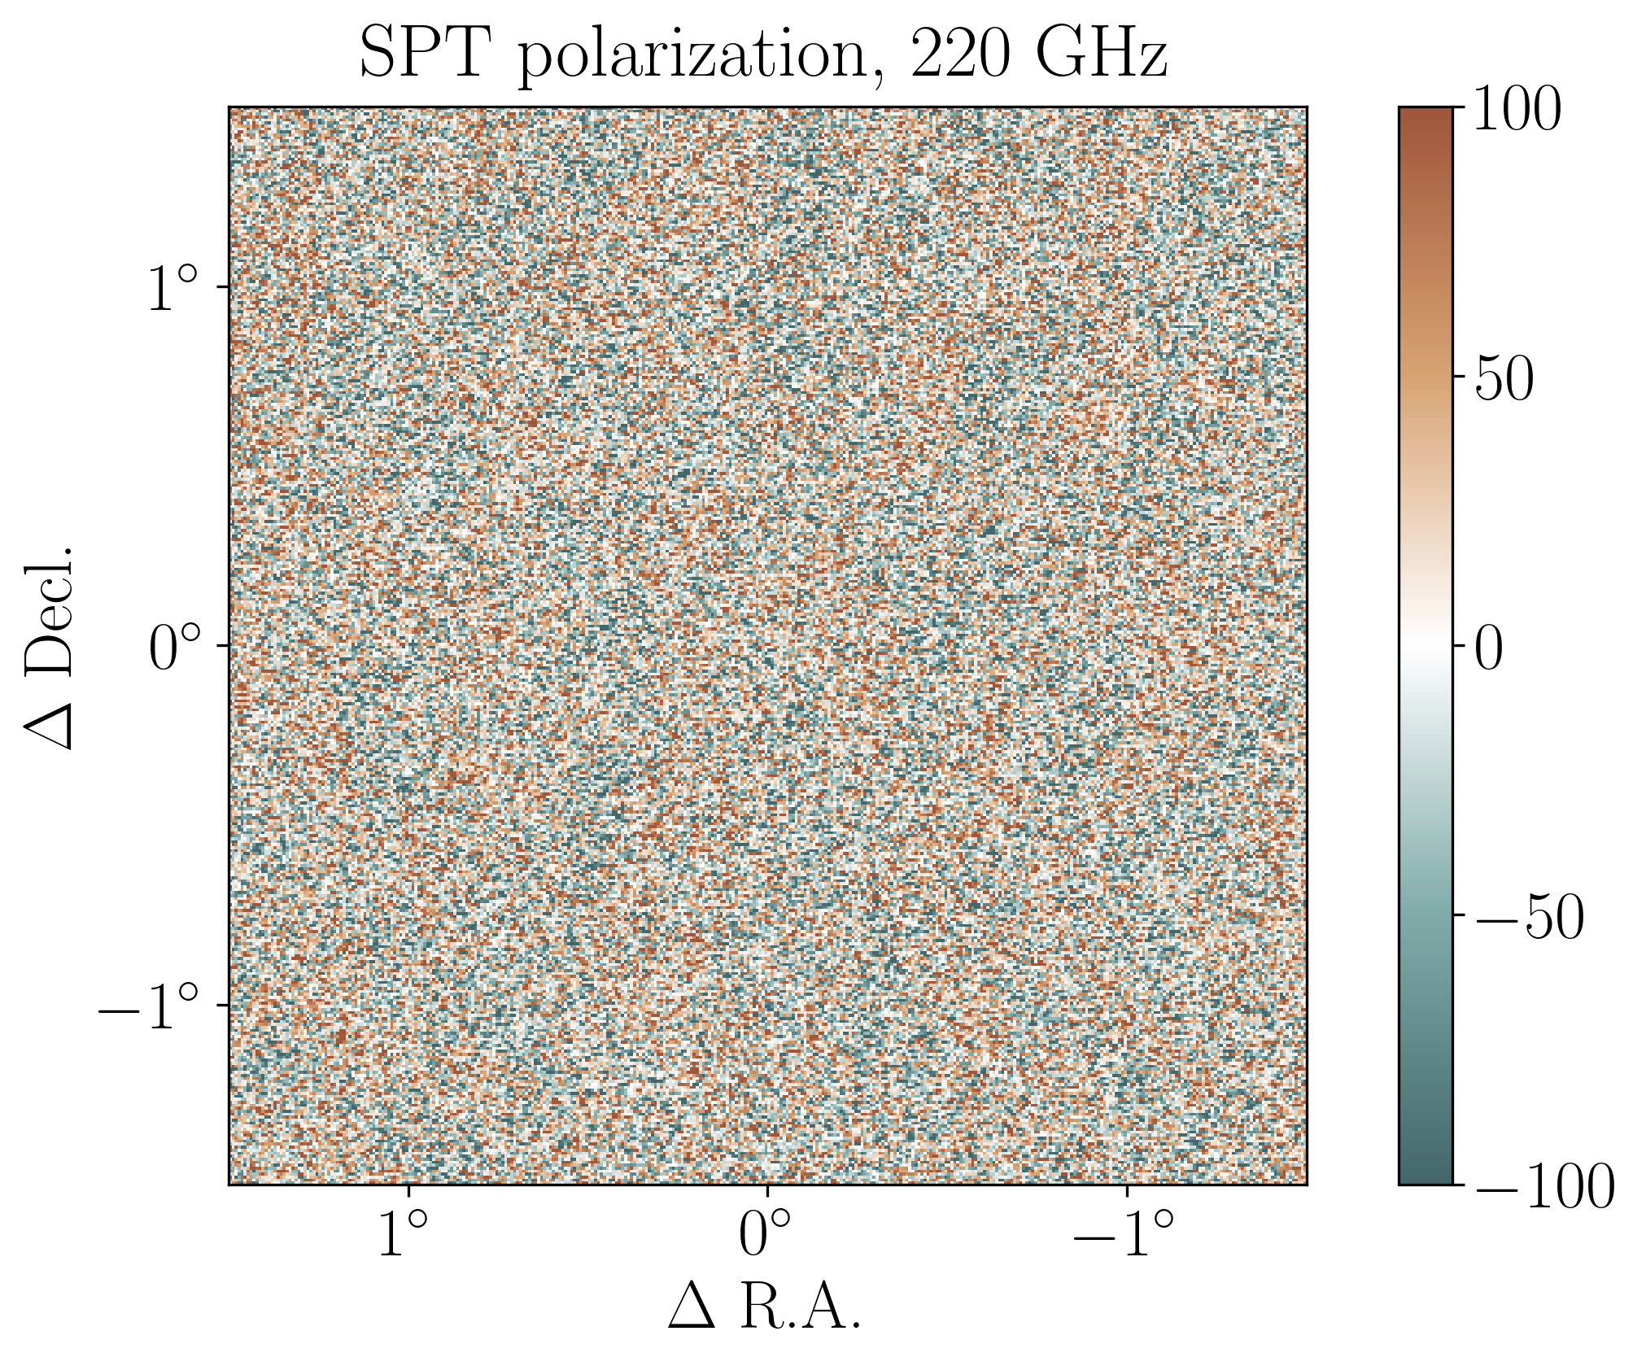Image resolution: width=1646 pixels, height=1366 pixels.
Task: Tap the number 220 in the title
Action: pyautogui.click(x=961, y=55)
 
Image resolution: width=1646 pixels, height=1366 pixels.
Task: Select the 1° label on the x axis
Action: pyautogui.click(x=402, y=1233)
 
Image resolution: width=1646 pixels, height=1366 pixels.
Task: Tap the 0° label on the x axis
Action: pyautogui.click(x=765, y=1233)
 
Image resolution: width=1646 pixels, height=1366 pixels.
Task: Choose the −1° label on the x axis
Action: pyautogui.click(x=1123, y=1233)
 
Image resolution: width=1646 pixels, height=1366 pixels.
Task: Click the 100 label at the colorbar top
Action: pyautogui.click(x=1517, y=109)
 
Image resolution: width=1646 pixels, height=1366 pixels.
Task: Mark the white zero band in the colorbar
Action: pyautogui.click(x=1426, y=647)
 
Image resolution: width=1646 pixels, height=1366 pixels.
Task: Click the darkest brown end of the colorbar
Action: pyautogui.click(x=1426, y=114)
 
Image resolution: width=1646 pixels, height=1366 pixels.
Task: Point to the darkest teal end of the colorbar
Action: pyautogui.click(x=1426, y=1178)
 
